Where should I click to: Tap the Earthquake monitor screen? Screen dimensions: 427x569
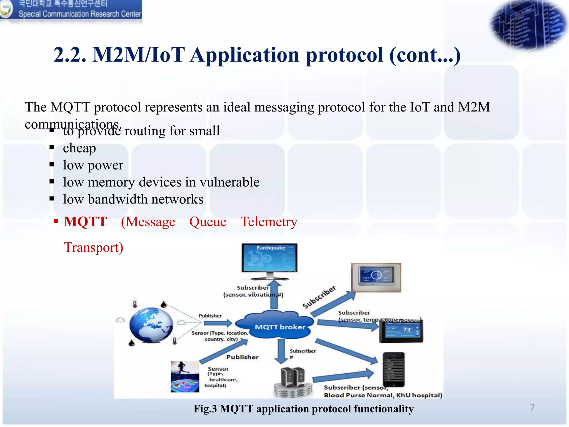[269, 258]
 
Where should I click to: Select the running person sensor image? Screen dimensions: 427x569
[185, 377]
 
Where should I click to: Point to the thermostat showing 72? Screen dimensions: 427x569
[402, 331]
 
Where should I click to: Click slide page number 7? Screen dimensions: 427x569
[532, 408]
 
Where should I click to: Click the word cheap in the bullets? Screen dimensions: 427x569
[79, 148]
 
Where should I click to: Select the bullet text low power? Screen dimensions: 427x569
[93, 165]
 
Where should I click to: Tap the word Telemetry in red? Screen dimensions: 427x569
[269, 222]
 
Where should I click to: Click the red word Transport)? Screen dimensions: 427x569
[94, 247]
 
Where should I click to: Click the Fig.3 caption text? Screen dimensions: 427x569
[303, 409]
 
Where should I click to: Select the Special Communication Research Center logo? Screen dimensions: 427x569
[71, 10]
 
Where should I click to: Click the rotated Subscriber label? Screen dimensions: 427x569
[319, 297]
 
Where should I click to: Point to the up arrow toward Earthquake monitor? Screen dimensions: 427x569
[274, 295]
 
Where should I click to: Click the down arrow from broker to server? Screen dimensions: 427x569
[281, 351]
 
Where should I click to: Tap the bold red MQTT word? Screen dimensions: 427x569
[85, 222]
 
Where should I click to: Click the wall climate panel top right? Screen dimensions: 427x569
[376, 277]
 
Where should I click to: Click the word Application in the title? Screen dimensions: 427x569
[245, 55]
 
